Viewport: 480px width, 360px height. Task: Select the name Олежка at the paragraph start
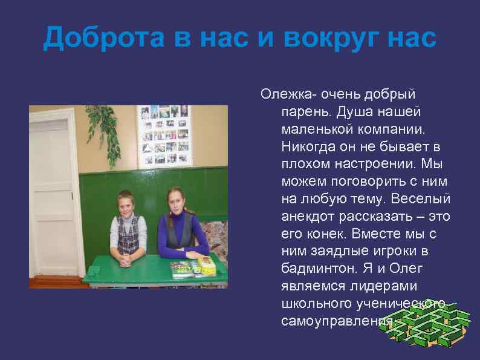[288, 95]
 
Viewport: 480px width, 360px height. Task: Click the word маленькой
[319, 129]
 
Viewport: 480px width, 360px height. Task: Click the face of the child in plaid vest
[126, 204]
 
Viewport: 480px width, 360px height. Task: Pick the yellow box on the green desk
[207, 264]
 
